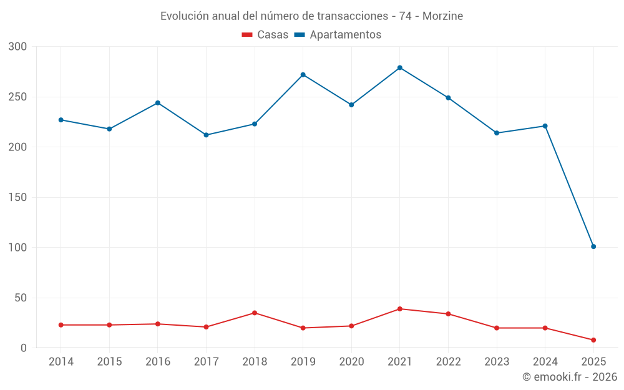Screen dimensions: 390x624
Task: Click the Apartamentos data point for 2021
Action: click(x=400, y=67)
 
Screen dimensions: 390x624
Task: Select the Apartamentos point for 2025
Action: click(x=593, y=246)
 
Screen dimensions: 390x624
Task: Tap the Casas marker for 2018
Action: click(x=255, y=313)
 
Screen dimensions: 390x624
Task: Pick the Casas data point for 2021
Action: click(x=400, y=309)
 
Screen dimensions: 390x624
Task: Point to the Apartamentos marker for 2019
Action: click(x=303, y=75)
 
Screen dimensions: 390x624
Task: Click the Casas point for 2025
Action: click(x=593, y=340)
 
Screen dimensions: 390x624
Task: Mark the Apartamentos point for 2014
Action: click(x=61, y=120)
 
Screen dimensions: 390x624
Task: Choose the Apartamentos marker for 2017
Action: click(x=207, y=135)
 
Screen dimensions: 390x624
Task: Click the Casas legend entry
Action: click(x=265, y=35)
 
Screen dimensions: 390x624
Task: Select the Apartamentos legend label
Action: click(x=345, y=35)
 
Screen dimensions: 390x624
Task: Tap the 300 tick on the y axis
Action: click(x=18, y=47)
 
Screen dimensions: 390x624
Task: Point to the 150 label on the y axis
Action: click(x=18, y=197)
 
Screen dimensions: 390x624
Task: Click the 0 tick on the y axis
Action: click(x=24, y=348)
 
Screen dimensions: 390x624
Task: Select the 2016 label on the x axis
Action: click(x=158, y=362)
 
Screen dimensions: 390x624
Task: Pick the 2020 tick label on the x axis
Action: click(x=351, y=362)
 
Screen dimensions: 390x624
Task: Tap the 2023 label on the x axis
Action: click(x=497, y=362)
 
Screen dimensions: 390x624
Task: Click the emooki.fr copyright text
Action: click(x=570, y=377)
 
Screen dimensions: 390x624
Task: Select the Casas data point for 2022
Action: click(x=448, y=314)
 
